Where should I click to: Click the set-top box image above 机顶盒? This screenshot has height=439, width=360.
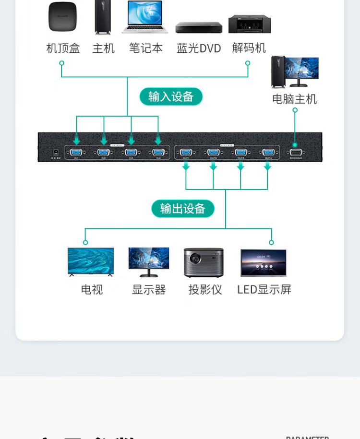click(62, 17)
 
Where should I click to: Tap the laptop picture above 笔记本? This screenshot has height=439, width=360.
click(145, 17)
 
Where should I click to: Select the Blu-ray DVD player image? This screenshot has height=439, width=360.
click(199, 27)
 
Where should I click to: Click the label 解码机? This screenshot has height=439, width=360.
click(249, 48)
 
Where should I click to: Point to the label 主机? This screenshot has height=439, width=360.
click(104, 48)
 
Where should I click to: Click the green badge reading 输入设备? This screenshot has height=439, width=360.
click(171, 96)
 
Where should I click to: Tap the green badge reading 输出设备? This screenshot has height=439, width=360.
click(183, 209)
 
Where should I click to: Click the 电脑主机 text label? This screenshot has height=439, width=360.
click(294, 99)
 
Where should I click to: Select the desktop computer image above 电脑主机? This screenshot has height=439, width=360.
click(294, 72)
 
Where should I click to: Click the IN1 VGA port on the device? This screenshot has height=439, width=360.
click(76, 153)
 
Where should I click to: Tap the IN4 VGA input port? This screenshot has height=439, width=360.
click(157, 153)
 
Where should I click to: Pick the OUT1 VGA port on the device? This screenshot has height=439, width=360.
click(186, 153)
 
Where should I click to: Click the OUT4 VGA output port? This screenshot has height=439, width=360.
click(268, 153)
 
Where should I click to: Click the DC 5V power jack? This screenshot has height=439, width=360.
click(56, 153)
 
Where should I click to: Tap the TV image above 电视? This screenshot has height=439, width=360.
click(91, 262)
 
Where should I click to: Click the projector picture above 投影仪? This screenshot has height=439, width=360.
click(204, 262)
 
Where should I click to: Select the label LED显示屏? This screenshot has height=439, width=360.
click(264, 290)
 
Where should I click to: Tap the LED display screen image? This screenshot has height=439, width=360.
click(264, 262)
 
